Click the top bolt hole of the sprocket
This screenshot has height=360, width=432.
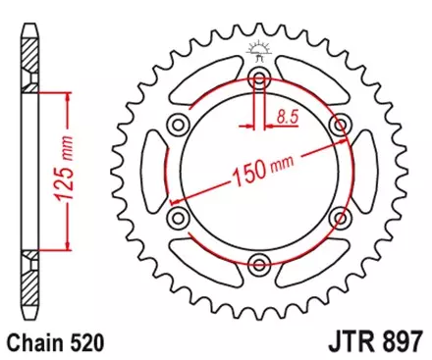pyautogui.click(x=259, y=78)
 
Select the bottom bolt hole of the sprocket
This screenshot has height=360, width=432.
pyautogui.click(x=259, y=262)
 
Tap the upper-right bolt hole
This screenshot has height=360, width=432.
pyautogui.click(x=340, y=124)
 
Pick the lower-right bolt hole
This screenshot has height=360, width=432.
pyautogui.click(x=340, y=216)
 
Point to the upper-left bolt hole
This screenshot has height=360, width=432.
pyautogui.click(x=179, y=124)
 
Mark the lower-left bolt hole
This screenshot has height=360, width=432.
pyautogui.click(x=179, y=216)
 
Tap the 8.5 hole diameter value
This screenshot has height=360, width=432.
pyautogui.click(x=287, y=115)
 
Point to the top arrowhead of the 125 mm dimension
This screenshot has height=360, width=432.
pyautogui.click(x=67, y=96)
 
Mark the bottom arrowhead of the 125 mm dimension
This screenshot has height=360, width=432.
pyautogui.click(x=67, y=247)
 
